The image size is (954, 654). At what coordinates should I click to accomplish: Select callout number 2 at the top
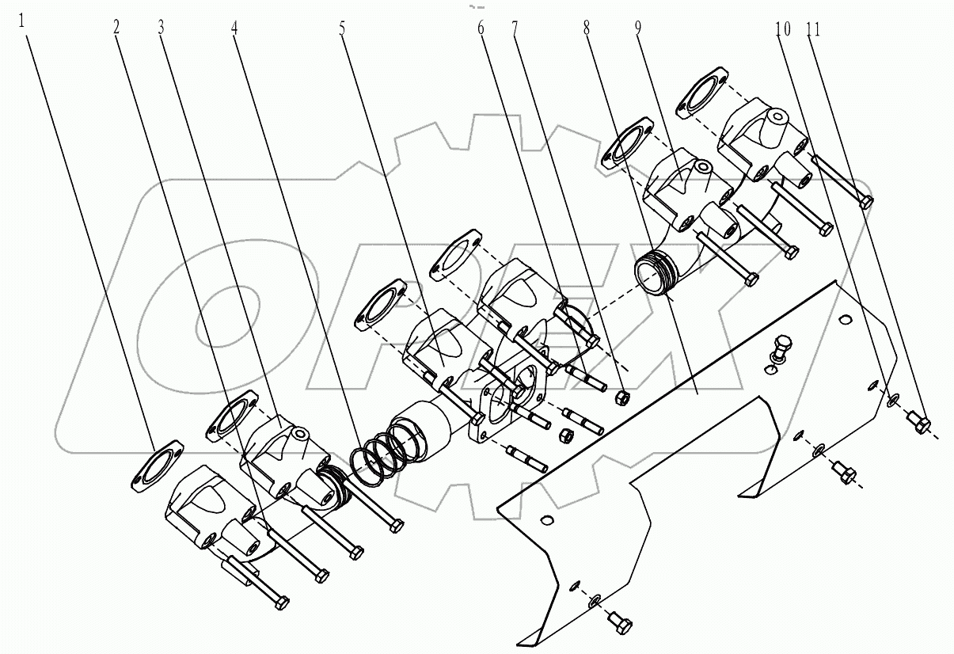tap(116, 26)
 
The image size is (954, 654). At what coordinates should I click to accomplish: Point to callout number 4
tap(234, 26)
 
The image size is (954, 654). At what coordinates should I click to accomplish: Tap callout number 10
tap(782, 29)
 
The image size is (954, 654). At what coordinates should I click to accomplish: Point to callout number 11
tap(813, 29)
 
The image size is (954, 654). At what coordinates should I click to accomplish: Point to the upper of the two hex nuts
tap(621, 395)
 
